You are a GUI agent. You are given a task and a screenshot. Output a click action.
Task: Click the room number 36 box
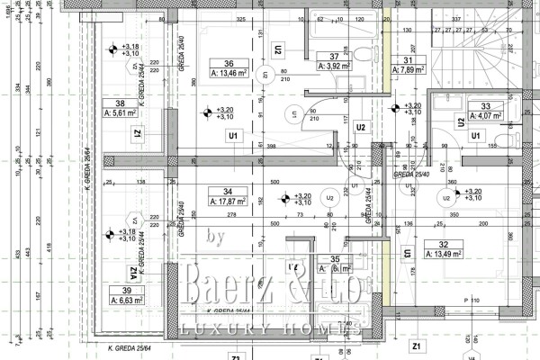229,63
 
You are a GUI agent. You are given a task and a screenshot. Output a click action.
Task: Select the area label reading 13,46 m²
229,75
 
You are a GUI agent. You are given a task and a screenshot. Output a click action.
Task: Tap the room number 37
334,55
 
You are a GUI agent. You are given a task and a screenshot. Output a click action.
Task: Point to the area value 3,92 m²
334,66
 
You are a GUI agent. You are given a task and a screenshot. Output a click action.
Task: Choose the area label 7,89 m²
409,70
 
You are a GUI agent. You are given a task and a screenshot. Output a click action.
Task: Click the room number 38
121,103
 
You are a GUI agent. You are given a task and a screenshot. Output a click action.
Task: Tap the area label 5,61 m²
121,114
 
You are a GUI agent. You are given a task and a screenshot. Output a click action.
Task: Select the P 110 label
472,298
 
